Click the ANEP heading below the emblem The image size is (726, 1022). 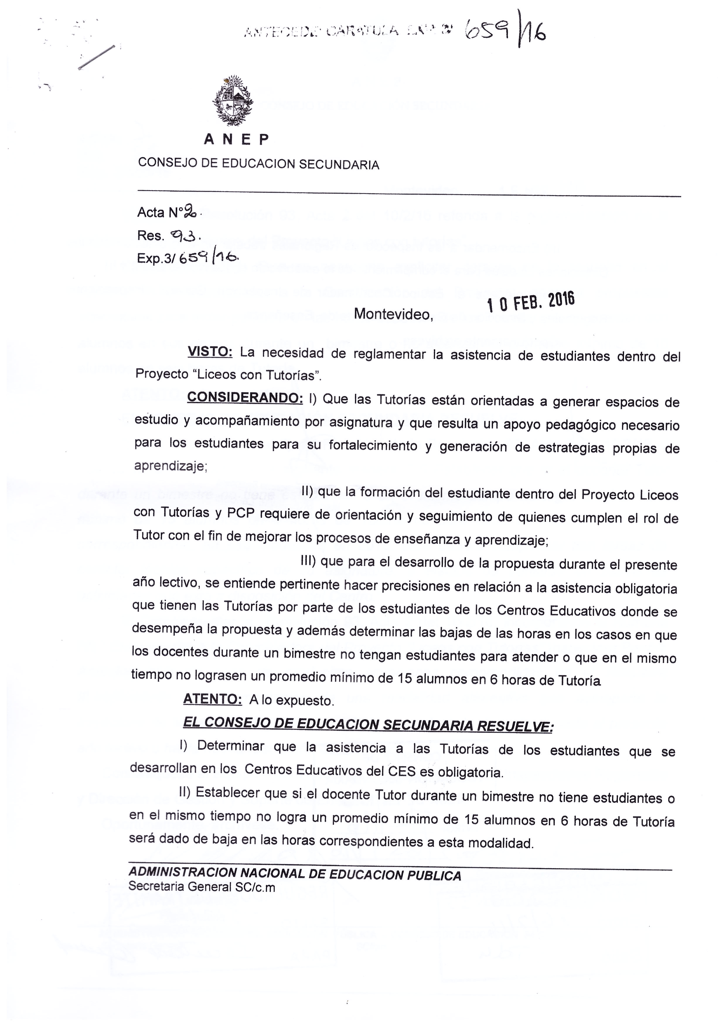236,140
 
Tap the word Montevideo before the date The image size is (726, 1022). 393,315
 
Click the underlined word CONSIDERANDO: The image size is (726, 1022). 245,397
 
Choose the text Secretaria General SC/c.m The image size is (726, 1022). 202,887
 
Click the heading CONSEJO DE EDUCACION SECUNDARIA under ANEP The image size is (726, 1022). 258,164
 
